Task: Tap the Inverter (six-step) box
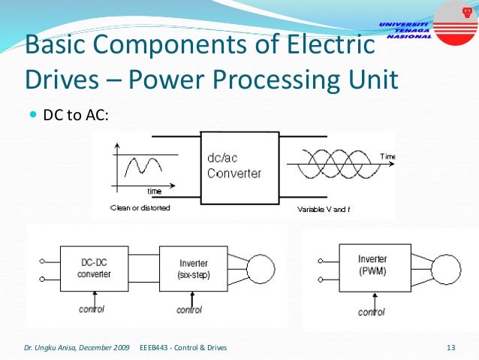pyautogui.click(x=194, y=269)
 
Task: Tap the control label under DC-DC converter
pyautogui.click(x=91, y=310)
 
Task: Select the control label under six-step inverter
pyautogui.click(x=189, y=310)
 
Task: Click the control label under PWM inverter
pyautogui.click(x=371, y=311)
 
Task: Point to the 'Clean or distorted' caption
pyautogui.click(x=140, y=207)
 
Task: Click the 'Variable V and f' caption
pyautogui.click(x=323, y=208)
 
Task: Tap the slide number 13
pyautogui.click(x=451, y=347)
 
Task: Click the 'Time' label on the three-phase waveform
pyautogui.click(x=387, y=156)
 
